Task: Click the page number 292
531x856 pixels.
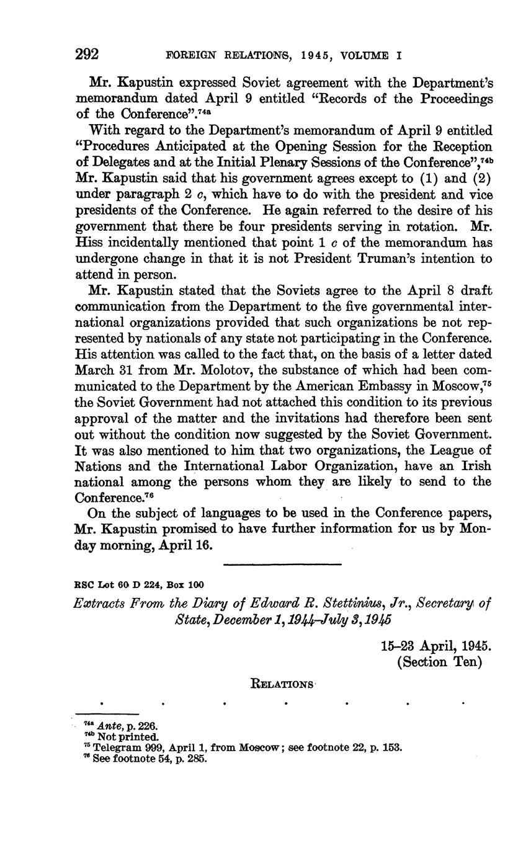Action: tap(87, 55)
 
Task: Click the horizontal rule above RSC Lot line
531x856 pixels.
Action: tap(282, 564)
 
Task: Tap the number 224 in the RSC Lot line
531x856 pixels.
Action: tap(135, 584)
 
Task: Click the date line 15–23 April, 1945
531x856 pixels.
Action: tap(435, 645)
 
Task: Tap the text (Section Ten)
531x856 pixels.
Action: tap(439, 662)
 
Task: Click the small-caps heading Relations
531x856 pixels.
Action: tap(281, 684)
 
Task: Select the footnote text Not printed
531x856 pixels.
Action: tap(128, 736)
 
